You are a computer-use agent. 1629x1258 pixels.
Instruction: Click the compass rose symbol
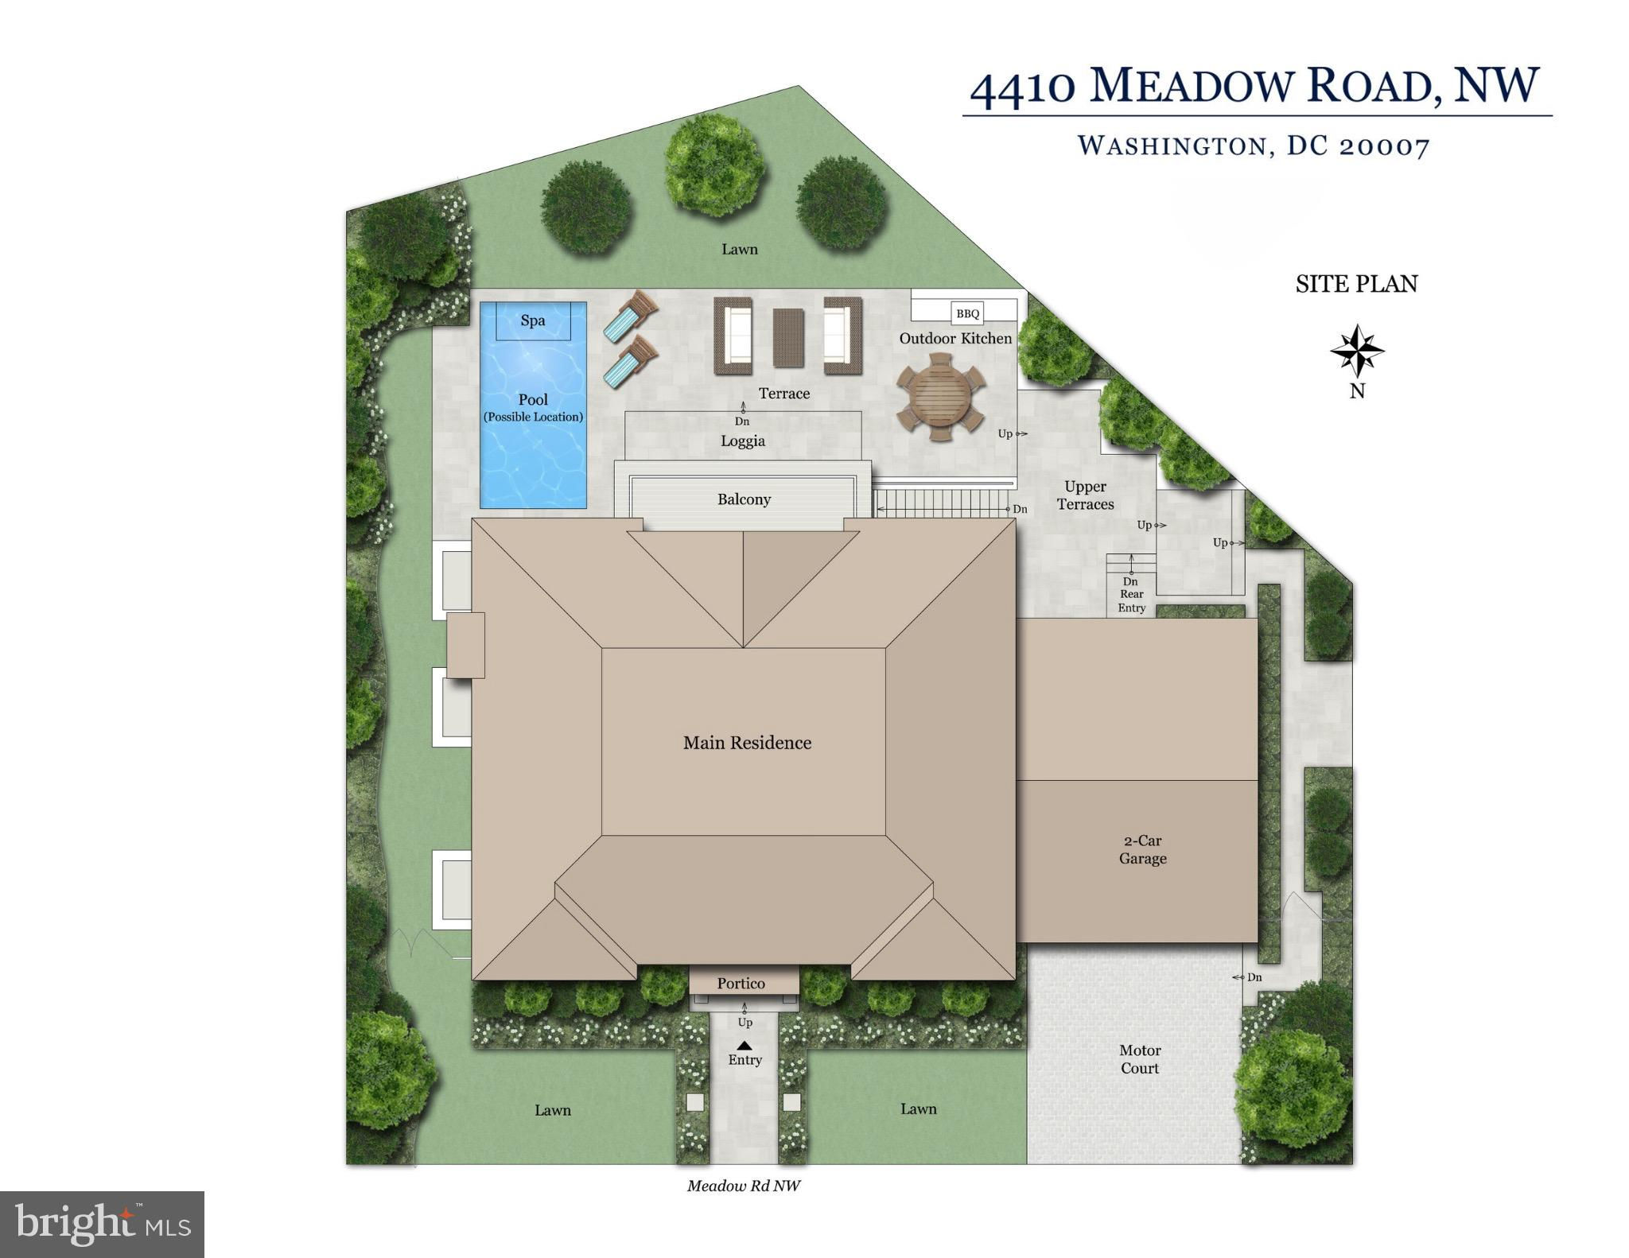pos(1357,351)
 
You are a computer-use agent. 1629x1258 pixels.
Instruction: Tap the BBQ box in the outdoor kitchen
pos(967,313)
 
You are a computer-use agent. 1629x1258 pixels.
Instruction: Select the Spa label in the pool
pos(533,320)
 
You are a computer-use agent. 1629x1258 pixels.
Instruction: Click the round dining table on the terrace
pos(941,397)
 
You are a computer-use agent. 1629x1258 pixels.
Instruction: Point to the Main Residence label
pos(747,743)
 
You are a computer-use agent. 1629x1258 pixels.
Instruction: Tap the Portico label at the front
pos(741,984)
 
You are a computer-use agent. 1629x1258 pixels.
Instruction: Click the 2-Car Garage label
pos(1142,849)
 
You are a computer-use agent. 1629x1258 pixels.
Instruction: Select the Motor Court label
pos(1140,1059)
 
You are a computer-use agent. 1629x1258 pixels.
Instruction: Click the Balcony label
pos(744,499)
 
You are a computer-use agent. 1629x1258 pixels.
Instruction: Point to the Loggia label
pos(743,441)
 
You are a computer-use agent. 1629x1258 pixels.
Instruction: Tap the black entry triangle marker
pos(744,1045)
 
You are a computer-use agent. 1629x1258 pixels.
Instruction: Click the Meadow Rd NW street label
pos(743,1186)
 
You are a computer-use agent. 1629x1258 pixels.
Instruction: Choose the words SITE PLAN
pos(1356,284)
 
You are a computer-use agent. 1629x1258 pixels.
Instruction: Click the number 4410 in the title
pos(1023,88)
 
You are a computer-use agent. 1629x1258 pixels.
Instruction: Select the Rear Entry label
pos(1131,601)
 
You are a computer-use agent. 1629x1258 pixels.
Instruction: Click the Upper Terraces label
pos(1085,495)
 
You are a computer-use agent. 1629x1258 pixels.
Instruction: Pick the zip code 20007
pos(1385,146)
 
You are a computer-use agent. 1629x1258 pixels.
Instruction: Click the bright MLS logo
pos(103,1225)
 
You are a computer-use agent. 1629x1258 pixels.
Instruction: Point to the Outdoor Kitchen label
pos(955,339)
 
